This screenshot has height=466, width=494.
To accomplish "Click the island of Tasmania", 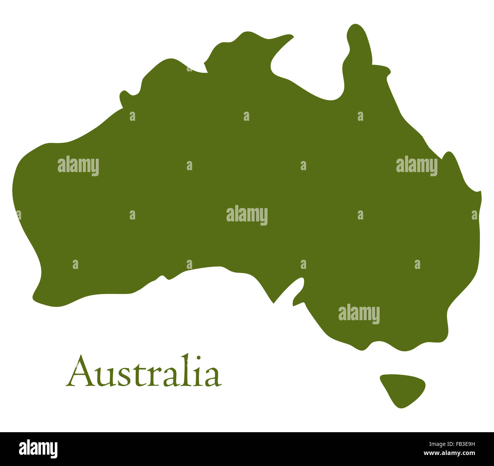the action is click(401, 387).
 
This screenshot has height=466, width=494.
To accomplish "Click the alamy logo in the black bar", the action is click(38, 449).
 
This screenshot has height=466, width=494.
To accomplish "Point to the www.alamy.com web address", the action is click(450, 453).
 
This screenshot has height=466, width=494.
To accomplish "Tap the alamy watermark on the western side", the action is click(78, 166).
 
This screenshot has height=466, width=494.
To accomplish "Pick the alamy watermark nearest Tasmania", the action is click(359, 314).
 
